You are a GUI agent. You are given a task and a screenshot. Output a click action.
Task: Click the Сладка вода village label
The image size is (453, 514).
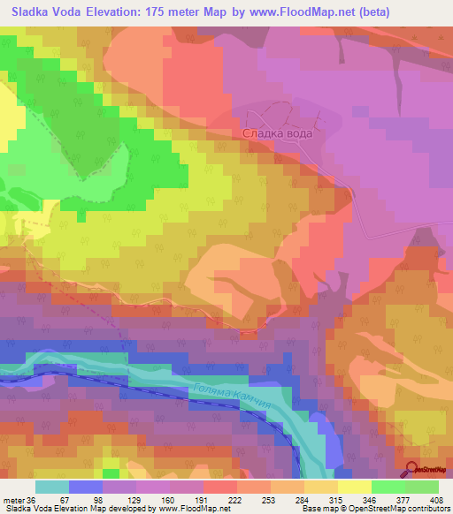278,134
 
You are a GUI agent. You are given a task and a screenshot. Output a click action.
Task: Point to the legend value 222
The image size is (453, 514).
219,500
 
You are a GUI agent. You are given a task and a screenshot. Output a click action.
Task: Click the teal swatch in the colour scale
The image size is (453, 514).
51,487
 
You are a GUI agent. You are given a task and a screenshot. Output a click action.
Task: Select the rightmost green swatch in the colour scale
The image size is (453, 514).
422,487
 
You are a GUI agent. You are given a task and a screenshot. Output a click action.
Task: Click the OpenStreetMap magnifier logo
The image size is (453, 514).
413,471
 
